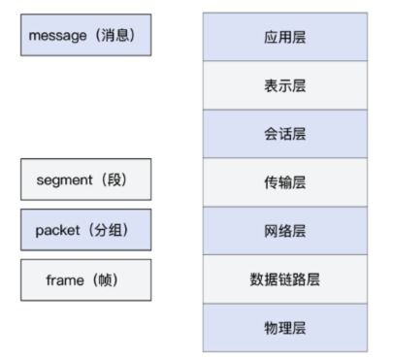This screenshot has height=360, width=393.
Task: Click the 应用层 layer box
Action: (284, 37)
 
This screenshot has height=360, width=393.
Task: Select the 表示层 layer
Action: (284, 85)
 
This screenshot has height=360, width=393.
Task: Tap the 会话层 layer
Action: (284, 134)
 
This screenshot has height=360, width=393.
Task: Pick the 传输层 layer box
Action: (284, 182)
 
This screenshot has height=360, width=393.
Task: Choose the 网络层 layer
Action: (284, 231)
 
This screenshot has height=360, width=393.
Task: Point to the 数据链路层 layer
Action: (284, 279)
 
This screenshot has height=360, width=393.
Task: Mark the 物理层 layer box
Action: (284, 328)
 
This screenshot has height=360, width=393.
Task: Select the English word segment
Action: (63, 180)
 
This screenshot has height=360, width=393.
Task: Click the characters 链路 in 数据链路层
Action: (284, 279)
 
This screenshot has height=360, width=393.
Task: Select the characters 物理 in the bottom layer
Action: (278, 328)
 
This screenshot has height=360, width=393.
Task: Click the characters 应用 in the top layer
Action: (278, 37)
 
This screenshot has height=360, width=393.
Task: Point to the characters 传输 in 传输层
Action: (278, 182)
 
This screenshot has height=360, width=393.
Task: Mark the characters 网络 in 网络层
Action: (278, 231)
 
